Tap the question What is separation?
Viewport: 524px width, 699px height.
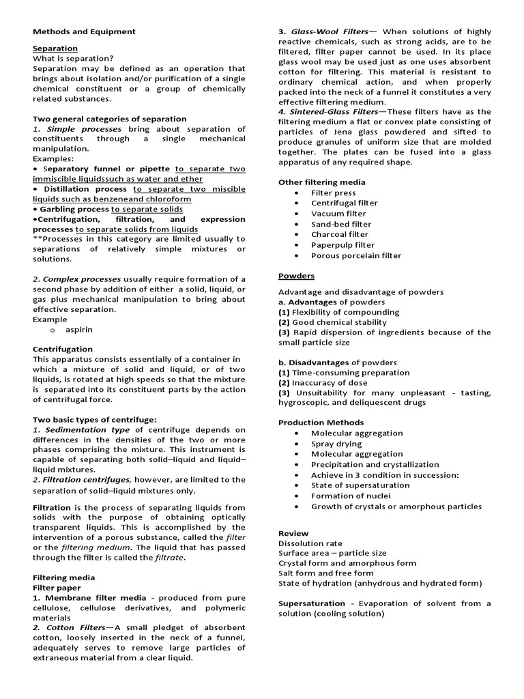click(x=73, y=59)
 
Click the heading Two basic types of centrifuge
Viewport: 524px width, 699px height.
click(x=95, y=419)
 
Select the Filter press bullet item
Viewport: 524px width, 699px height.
click(x=333, y=193)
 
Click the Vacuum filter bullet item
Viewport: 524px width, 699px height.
click(x=338, y=214)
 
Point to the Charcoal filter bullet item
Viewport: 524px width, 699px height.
click(x=339, y=235)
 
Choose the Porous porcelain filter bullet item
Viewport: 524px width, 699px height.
click(x=356, y=256)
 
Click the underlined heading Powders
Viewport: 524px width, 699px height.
click(x=296, y=276)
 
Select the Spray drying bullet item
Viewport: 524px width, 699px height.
click(x=336, y=444)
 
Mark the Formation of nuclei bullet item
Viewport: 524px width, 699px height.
click(x=351, y=496)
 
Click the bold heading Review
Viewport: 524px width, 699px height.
click(x=293, y=533)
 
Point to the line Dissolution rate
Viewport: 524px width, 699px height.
click(x=310, y=543)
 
